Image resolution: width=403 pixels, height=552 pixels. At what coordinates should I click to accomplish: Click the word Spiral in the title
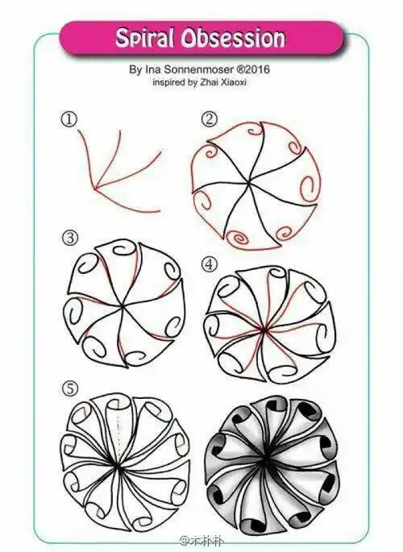(144, 38)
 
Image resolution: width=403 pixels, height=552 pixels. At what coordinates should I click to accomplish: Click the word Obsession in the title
(233, 38)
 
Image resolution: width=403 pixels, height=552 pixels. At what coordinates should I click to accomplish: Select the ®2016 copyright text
(253, 69)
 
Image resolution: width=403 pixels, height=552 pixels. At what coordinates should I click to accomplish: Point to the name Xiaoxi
(233, 83)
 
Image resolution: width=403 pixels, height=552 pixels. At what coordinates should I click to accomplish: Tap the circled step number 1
(69, 120)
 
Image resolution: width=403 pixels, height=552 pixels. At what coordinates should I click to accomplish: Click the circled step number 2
(210, 120)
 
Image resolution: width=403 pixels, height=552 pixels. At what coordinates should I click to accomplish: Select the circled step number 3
(70, 239)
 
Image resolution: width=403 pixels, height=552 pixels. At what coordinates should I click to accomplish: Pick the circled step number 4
(210, 265)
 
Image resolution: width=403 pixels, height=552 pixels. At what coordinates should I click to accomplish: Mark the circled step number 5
(70, 389)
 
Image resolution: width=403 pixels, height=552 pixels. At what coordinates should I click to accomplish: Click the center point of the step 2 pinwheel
(249, 182)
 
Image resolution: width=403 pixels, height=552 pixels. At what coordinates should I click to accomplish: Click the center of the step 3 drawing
(123, 307)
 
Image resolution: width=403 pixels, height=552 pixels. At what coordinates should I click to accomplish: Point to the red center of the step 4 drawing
(262, 330)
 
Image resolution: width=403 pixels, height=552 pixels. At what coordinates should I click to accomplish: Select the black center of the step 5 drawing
(117, 466)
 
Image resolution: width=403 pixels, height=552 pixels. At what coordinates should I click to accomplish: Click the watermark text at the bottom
(202, 541)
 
